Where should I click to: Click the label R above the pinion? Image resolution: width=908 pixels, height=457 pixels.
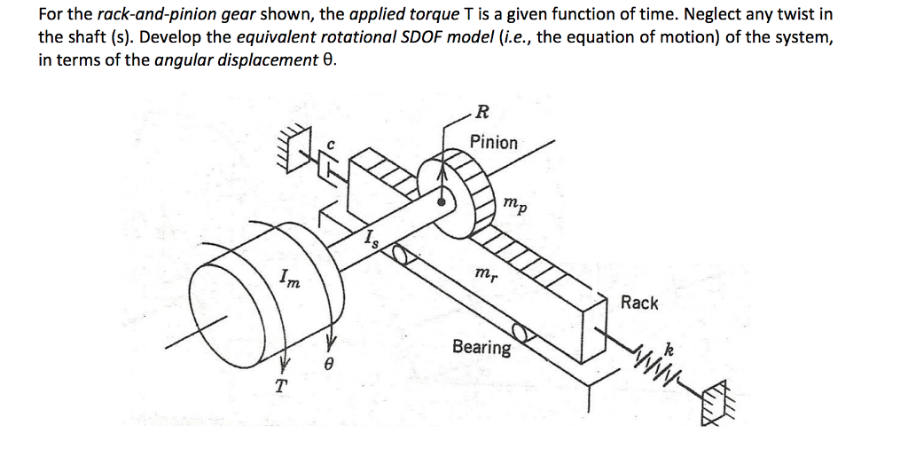pos(481,112)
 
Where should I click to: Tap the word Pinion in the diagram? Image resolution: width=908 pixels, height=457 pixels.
pos(494,142)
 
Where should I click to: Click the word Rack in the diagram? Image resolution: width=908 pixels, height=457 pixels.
pos(639,303)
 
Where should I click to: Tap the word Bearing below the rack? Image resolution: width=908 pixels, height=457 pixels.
pos(481,347)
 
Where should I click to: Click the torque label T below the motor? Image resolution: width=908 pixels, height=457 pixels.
pos(281,386)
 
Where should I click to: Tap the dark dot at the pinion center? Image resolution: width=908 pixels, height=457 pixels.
pos(442,202)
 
